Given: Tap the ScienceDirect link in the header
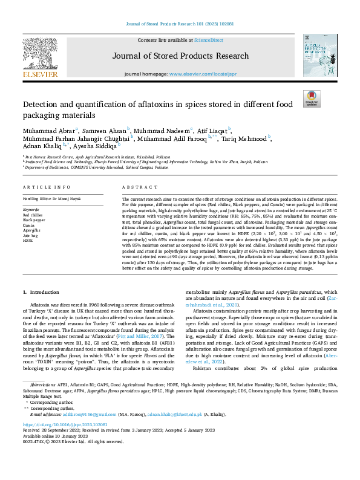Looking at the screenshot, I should pos(208,40).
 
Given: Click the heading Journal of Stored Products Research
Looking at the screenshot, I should pos(180,56).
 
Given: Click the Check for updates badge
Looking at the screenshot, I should pos(312,99).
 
